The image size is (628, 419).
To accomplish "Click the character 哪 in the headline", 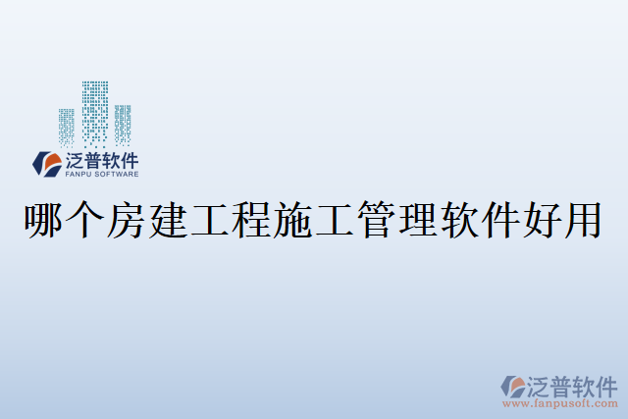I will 42,220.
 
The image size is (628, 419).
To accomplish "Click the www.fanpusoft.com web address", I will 560,403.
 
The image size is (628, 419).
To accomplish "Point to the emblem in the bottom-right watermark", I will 514,386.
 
